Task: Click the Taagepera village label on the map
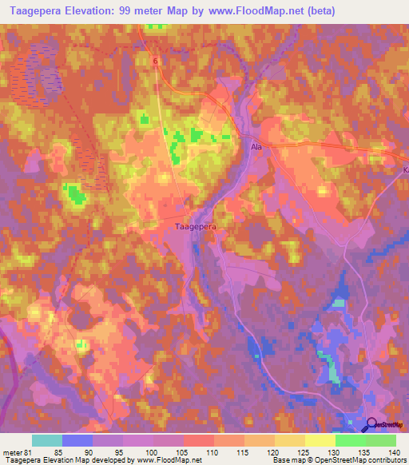(197, 227)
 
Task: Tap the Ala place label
(257, 147)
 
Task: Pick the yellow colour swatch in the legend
(320, 440)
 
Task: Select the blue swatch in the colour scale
(77, 440)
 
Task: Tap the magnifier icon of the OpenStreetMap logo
(371, 425)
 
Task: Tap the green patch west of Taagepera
(76, 193)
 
